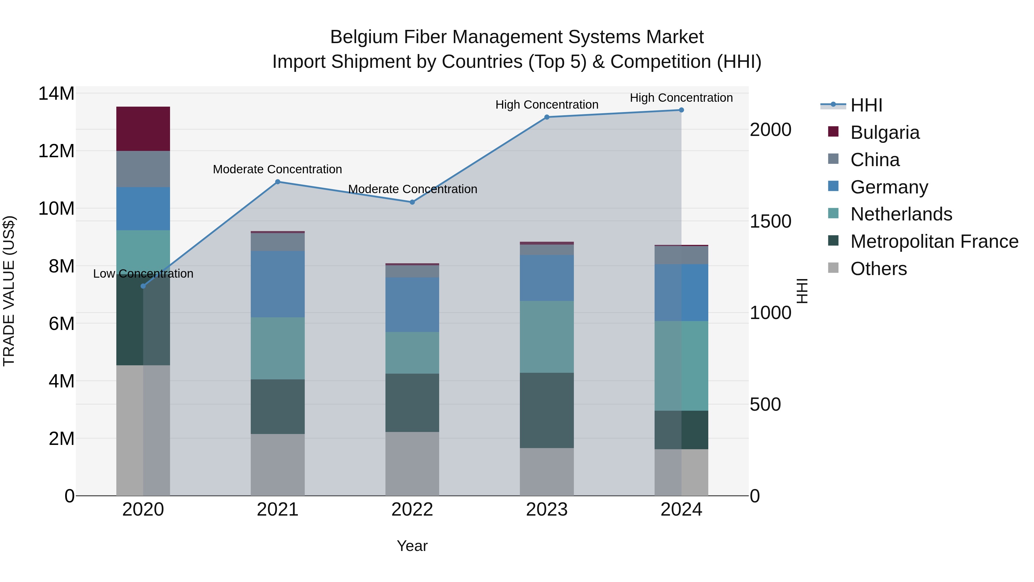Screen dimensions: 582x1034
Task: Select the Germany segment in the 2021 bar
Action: click(277, 284)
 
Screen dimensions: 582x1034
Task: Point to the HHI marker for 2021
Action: click(277, 182)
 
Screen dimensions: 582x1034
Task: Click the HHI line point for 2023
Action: click(546, 117)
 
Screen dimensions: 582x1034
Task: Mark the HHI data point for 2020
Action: click(143, 286)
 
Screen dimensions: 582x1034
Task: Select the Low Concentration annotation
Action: click(143, 274)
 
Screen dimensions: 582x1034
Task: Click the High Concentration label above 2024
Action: click(681, 98)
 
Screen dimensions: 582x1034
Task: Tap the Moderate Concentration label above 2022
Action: click(412, 189)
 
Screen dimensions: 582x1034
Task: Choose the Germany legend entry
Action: click(889, 187)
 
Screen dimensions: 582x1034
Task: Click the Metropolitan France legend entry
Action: click(934, 241)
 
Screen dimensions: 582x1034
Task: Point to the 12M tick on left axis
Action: click(56, 151)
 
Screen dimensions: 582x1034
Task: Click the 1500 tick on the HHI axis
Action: click(770, 221)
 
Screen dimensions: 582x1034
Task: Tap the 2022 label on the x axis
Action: click(412, 510)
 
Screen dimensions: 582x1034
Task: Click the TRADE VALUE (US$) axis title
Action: click(9, 291)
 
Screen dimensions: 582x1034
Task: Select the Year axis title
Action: click(412, 546)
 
